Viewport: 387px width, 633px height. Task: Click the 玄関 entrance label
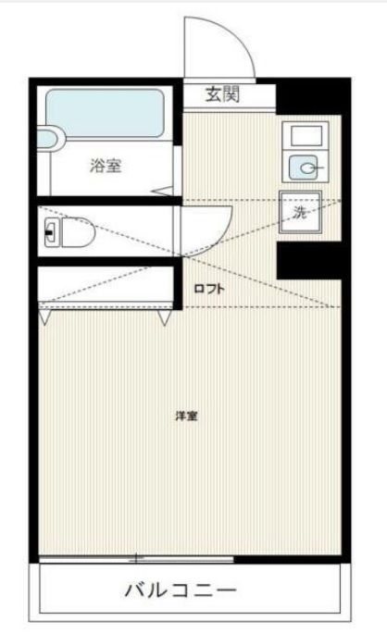pyautogui.click(x=223, y=94)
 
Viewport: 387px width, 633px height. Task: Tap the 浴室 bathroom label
pyautogui.click(x=106, y=166)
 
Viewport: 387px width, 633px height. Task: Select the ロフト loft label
pyautogui.click(x=209, y=289)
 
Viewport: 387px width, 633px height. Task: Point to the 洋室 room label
pyautogui.click(x=186, y=416)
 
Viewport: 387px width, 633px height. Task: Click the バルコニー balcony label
pyautogui.click(x=181, y=590)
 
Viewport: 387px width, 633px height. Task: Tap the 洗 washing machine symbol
pyautogui.click(x=301, y=212)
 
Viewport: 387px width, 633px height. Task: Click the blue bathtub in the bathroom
pyautogui.click(x=105, y=113)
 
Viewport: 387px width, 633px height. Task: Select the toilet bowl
pyautogui.click(x=78, y=232)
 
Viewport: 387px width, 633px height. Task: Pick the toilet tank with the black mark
pyautogui.click(x=51, y=232)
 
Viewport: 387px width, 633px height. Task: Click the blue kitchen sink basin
pyautogui.click(x=303, y=168)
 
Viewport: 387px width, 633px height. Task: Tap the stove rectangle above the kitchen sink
pyautogui.click(x=306, y=136)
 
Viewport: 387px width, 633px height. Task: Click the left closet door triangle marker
pyautogui.click(x=44, y=316)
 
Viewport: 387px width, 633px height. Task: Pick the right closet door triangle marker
pyautogui.click(x=164, y=317)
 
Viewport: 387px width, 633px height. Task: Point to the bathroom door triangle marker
pyautogui.click(x=162, y=191)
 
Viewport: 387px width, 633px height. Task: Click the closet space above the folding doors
pyautogui.click(x=106, y=284)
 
